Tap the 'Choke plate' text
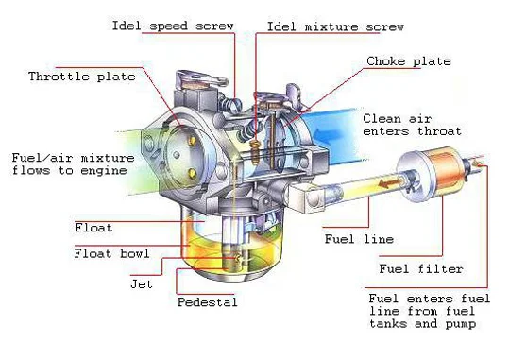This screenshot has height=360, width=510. coord(408,61)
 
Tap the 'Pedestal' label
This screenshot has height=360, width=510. coord(208,302)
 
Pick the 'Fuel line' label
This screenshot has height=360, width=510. coord(359,238)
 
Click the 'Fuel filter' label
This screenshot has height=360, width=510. coord(421,269)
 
